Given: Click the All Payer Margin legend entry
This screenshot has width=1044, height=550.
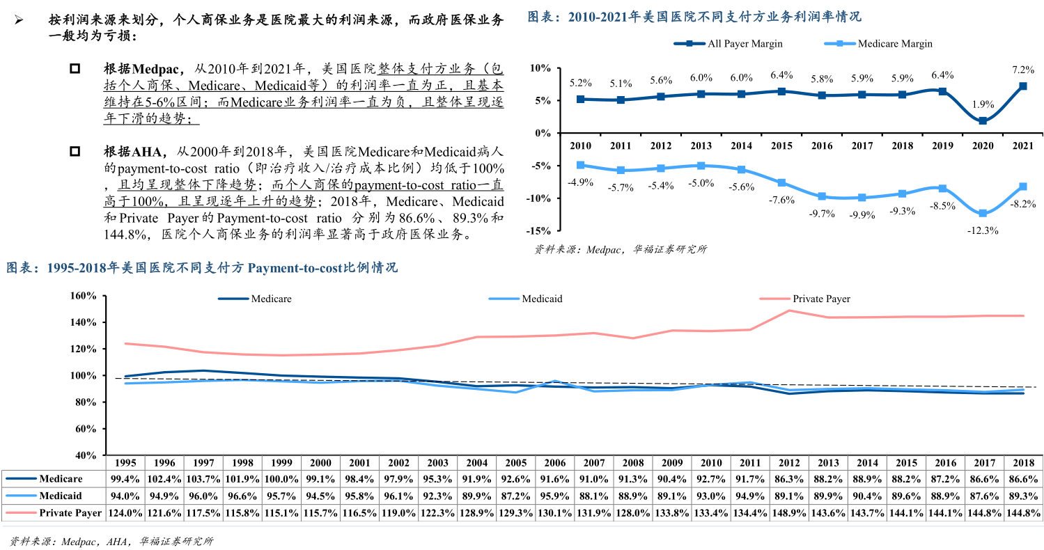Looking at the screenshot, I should pyautogui.click(x=745, y=43).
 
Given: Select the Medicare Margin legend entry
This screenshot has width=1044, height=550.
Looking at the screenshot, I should pyautogui.click(x=894, y=43).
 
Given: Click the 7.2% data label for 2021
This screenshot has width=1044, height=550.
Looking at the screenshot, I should pyautogui.click(x=1022, y=70).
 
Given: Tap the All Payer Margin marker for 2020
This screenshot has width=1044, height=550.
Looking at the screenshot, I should pyautogui.click(x=982, y=121).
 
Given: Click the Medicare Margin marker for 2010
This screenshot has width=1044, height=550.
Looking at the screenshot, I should pyautogui.click(x=580, y=165).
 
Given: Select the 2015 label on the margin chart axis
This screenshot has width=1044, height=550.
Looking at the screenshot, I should pyautogui.click(x=781, y=146).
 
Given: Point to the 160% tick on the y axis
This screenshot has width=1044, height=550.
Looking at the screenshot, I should pyautogui.click(x=83, y=296).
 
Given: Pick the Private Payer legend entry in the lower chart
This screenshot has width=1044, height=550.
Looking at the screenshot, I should pyautogui.click(x=821, y=299).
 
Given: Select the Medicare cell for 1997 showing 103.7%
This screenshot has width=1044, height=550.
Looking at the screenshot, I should pyautogui.click(x=203, y=479).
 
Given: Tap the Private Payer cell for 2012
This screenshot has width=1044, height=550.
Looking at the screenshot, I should pyautogui.click(x=789, y=513).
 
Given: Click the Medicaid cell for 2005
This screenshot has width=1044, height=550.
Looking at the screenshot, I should pyautogui.click(x=515, y=496).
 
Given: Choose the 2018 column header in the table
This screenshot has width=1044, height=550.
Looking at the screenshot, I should pyautogui.click(x=1023, y=463).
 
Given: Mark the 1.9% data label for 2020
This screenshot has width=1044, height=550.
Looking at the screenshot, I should pyautogui.click(x=982, y=104).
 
